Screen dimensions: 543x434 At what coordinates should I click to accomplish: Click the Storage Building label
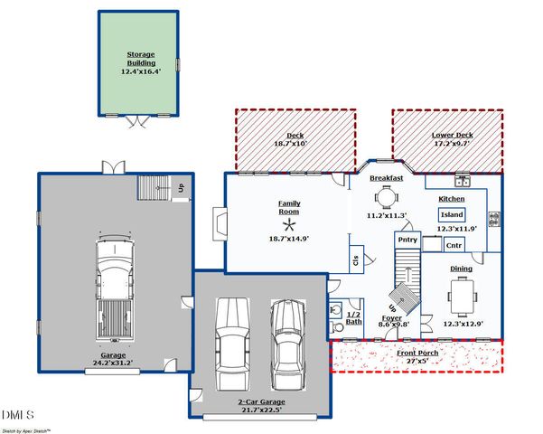(141, 59)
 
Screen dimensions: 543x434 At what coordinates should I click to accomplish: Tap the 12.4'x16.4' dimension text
(141, 71)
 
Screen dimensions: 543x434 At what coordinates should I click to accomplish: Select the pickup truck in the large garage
(115, 288)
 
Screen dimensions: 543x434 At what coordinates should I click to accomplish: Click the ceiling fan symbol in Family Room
(289, 226)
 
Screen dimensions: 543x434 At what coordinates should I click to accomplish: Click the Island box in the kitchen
(452, 215)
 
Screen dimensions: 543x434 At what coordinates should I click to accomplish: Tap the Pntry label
(407, 240)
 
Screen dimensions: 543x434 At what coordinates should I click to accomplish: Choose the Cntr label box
(454, 245)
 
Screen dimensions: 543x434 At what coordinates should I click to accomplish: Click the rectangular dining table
(463, 297)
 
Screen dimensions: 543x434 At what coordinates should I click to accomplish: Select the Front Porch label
(417, 353)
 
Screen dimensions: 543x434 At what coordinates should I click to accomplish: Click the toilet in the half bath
(335, 327)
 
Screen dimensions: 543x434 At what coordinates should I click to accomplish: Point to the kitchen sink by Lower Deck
(463, 181)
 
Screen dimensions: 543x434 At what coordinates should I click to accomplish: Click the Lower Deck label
(452, 136)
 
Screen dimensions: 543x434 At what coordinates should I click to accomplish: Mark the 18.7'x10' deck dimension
(291, 144)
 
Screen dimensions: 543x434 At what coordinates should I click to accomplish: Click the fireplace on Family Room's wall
(220, 224)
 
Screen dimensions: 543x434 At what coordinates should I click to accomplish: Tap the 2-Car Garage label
(261, 401)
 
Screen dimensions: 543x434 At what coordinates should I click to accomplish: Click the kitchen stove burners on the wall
(495, 219)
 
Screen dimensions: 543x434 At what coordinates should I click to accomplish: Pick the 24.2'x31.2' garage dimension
(113, 363)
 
